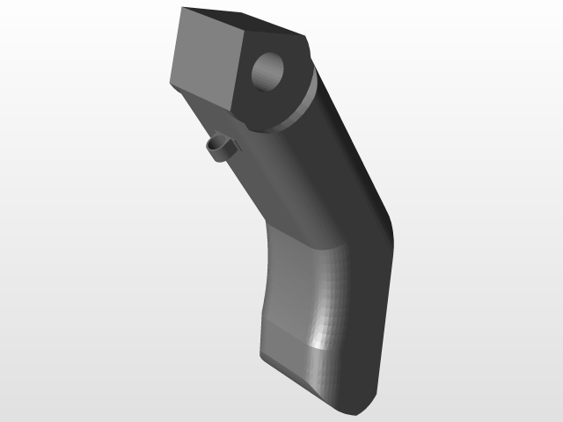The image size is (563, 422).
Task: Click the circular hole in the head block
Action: click(269, 71)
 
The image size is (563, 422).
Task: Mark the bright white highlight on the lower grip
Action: click(318, 339)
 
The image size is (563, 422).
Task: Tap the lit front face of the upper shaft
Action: click(281, 176)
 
